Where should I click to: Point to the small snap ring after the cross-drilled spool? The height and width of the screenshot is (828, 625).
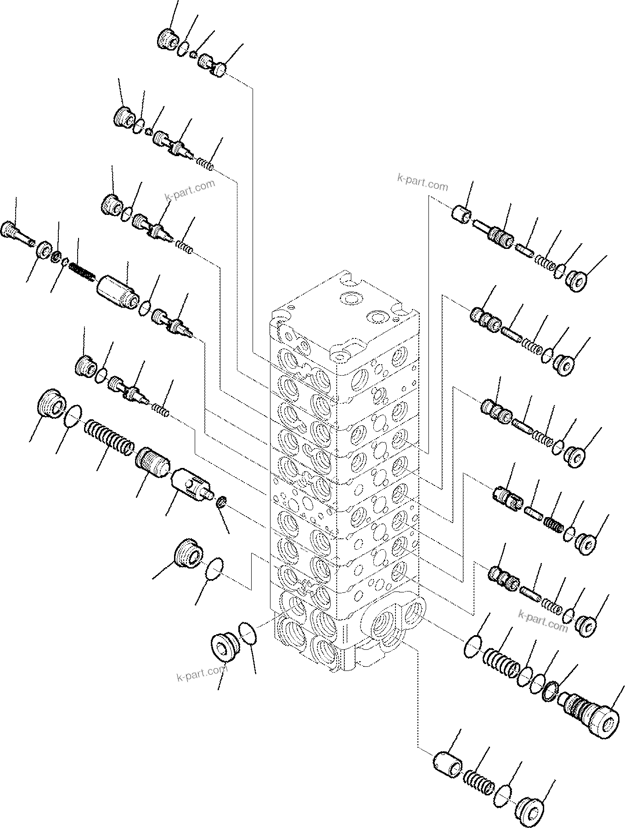[x=221, y=502]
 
